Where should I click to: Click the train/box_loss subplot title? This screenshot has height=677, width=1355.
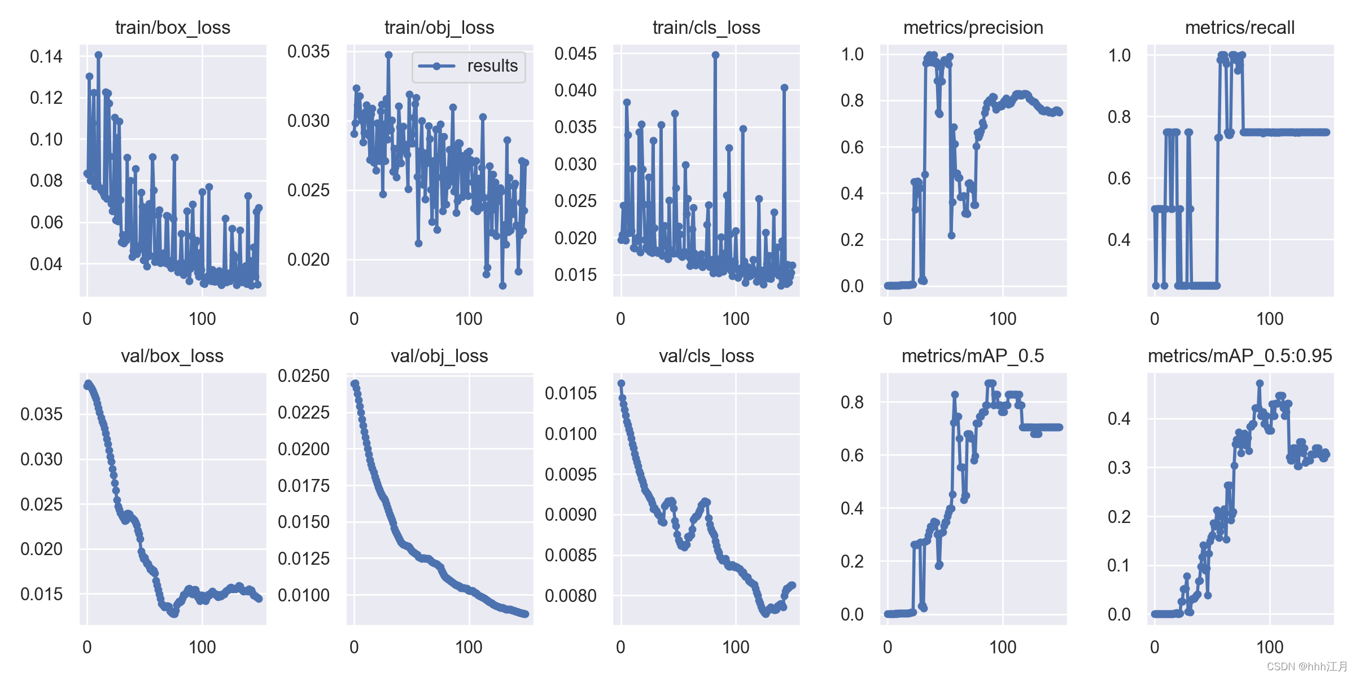pyautogui.click(x=173, y=28)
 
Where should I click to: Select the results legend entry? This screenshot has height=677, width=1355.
pyautogui.click(x=468, y=66)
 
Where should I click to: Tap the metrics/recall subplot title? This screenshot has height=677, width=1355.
pyautogui.click(x=1240, y=28)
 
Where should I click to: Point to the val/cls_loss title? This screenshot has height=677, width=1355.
pyautogui.click(x=706, y=356)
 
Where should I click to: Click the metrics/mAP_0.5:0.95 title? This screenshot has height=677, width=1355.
pyautogui.click(x=1240, y=356)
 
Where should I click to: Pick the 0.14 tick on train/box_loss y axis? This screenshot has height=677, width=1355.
pyautogui.click(x=46, y=56)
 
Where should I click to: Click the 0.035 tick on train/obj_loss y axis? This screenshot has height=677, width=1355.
pyautogui.click(x=308, y=51)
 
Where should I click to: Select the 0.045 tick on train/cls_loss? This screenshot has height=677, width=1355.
pyautogui.click(x=575, y=54)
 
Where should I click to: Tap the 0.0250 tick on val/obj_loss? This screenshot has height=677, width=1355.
pyautogui.click(x=304, y=376)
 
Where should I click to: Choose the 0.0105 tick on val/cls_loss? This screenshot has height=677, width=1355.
pyautogui.click(x=571, y=393)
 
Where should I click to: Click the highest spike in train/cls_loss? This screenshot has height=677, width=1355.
pyautogui.click(x=715, y=55)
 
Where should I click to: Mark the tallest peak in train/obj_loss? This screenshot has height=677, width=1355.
pyautogui.click(x=388, y=55)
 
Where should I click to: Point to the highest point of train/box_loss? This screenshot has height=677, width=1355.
pyautogui.click(x=98, y=55)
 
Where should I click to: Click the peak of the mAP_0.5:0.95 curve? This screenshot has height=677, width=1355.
pyautogui.click(x=1260, y=383)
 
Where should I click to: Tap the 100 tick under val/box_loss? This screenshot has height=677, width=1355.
pyautogui.click(x=202, y=647)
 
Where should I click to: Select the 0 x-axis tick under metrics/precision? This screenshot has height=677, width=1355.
pyautogui.click(x=888, y=319)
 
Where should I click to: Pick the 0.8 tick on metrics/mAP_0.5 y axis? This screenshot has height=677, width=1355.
pyautogui.click(x=852, y=402)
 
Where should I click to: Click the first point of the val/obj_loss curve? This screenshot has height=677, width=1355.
pyautogui.click(x=354, y=384)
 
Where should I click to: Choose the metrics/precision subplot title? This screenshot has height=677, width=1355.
pyautogui.click(x=973, y=28)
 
